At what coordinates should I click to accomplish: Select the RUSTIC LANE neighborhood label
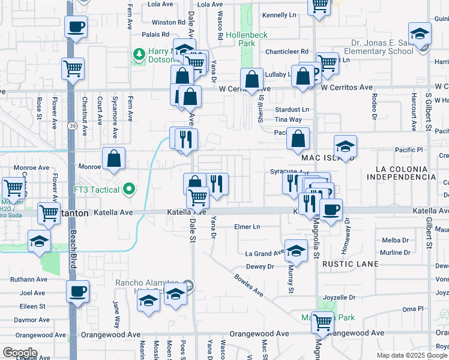tap(351, 264)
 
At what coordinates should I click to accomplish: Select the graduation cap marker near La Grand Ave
tap(296, 251)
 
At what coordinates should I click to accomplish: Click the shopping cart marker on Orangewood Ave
tap(322, 323)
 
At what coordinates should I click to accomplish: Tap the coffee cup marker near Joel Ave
tap(77, 292)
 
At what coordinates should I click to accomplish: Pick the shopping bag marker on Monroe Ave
tap(113, 159)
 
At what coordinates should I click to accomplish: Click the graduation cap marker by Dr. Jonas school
tap(420, 33)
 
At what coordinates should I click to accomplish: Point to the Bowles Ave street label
tap(249, 285)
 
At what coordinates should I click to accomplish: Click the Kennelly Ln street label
tap(280, 14)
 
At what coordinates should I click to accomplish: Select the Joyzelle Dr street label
tap(339, 297)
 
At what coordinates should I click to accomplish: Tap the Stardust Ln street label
tap(292, 109)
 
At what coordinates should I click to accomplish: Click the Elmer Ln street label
tap(247, 227)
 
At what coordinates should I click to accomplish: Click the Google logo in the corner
tap(20, 353)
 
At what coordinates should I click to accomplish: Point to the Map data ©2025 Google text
tap(411, 355)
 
